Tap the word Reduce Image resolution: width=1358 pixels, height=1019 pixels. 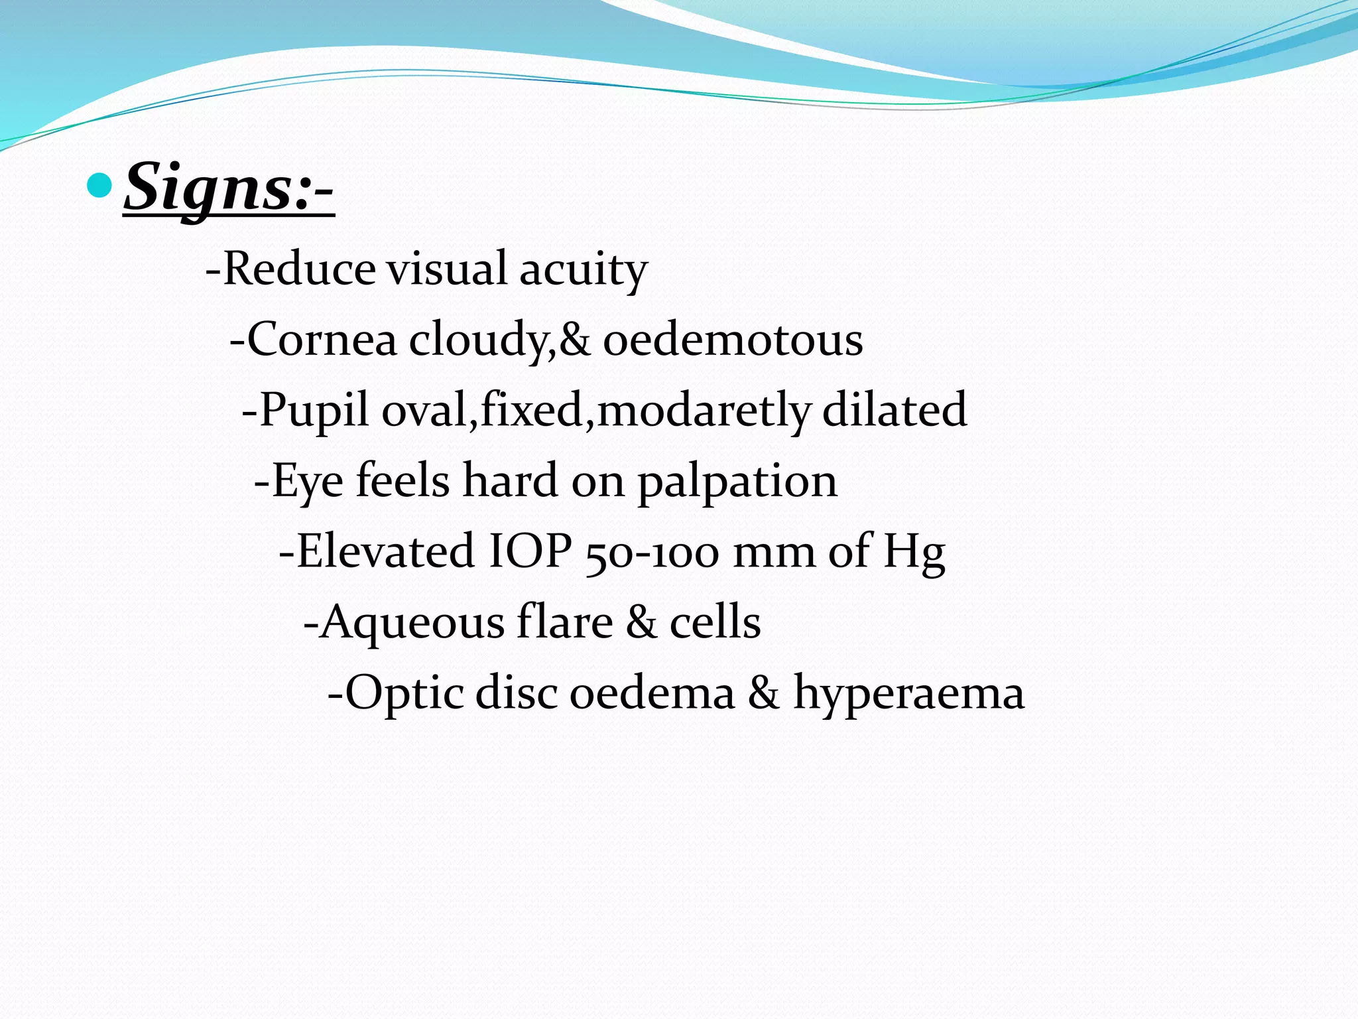[299, 269]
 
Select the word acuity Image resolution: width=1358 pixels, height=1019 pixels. [583, 270]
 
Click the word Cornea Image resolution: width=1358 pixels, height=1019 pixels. [322, 339]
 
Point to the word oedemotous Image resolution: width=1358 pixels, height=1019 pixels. [733, 339]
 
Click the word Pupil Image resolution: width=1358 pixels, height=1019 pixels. [314, 410]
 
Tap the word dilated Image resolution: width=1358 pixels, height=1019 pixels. [895, 409]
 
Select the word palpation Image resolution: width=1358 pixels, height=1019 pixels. [737, 482]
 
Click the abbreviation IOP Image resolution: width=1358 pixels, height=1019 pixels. [530, 551]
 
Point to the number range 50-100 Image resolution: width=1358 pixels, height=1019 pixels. [652, 552]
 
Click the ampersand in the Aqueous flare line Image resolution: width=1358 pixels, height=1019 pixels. [641, 622]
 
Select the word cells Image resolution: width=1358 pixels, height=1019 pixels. [715, 622]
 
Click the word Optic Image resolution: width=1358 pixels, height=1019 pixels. [404, 693]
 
